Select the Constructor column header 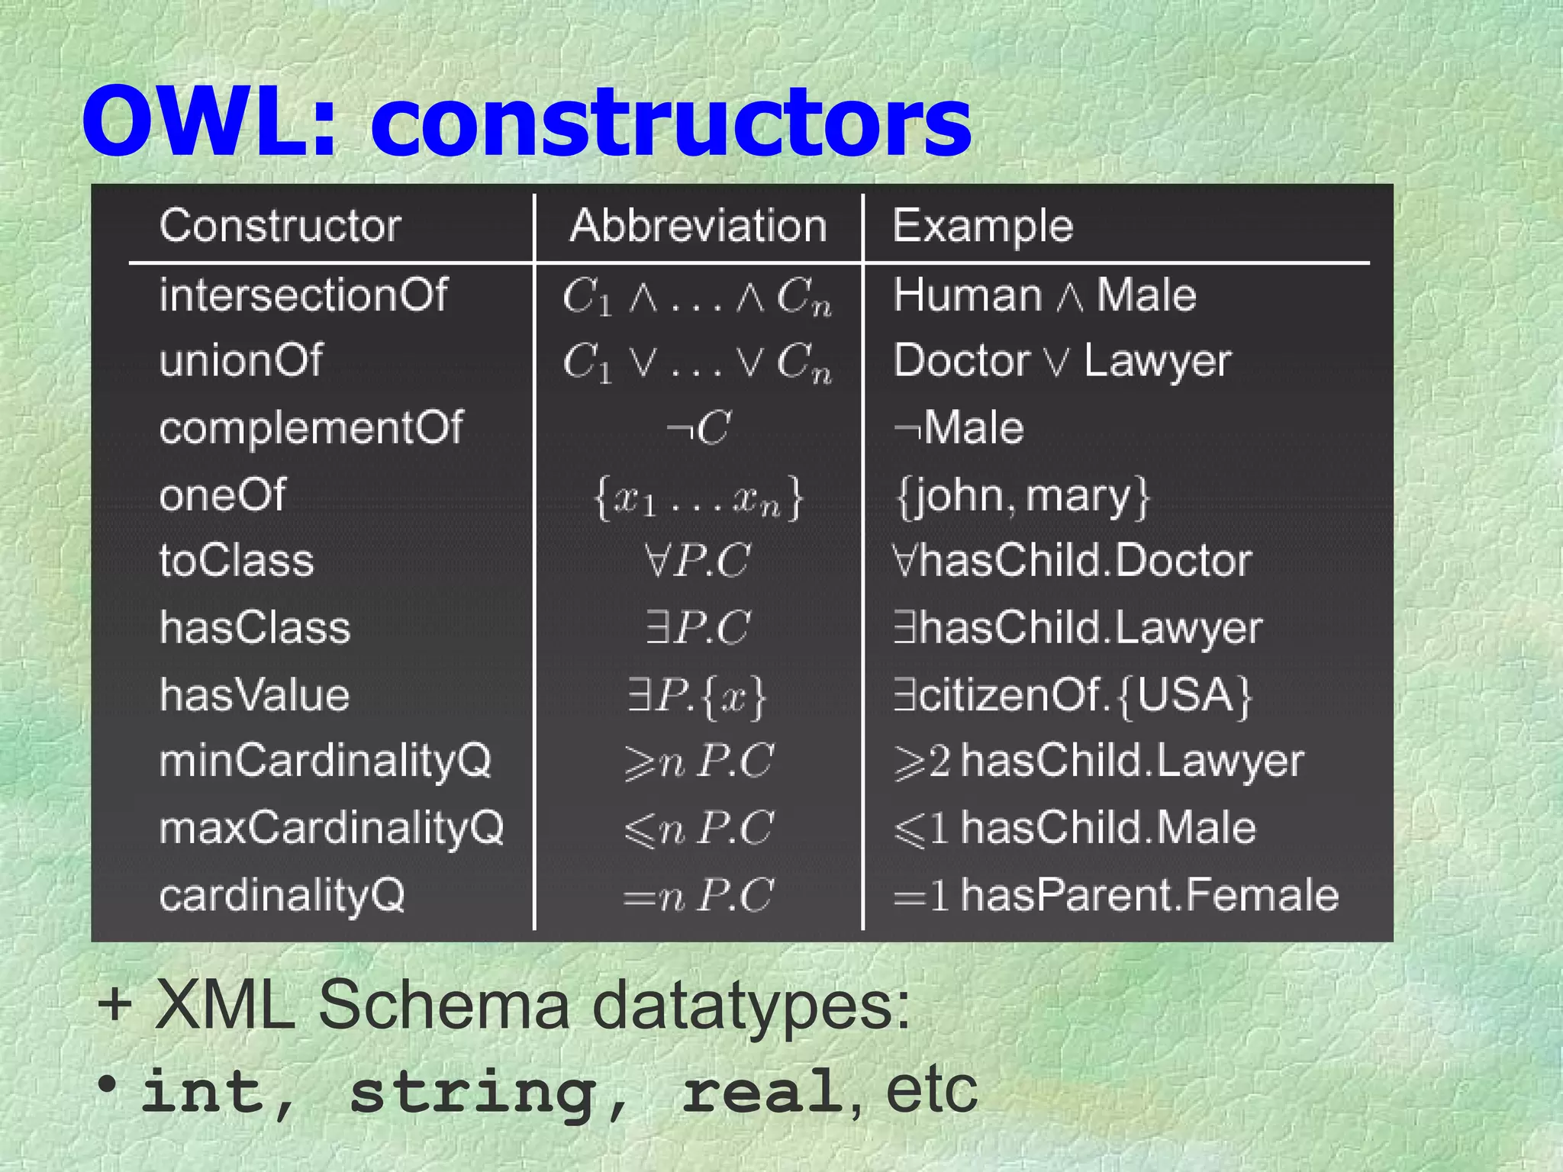pyautogui.click(x=280, y=226)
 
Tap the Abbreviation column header pyautogui.click(x=698, y=226)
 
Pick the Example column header pyautogui.click(x=983, y=226)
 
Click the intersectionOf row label pyautogui.click(x=304, y=295)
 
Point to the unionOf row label pyautogui.click(x=241, y=360)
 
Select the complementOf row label pyautogui.click(x=311, y=427)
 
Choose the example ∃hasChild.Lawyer pyautogui.click(x=1078, y=628)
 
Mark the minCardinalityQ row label pyautogui.click(x=325, y=761)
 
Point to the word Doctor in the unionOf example pyautogui.click(x=962, y=360)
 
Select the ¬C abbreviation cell pyautogui.click(x=698, y=427)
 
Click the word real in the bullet pyautogui.click(x=762, y=1091)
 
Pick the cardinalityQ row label pyautogui.click(x=282, y=895)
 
